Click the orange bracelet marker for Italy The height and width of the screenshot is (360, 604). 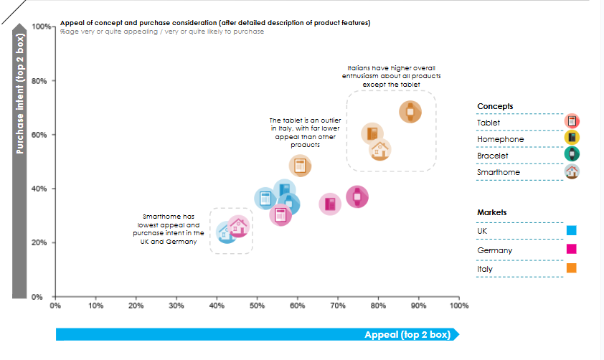[410, 111]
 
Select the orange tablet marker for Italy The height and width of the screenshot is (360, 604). [301, 166]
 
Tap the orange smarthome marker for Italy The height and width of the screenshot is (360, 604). [380, 150]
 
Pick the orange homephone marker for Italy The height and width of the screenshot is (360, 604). [372, 133]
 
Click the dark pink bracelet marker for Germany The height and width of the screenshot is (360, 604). [357, 196]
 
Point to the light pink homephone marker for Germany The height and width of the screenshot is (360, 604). [329, 204]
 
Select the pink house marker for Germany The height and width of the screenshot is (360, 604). [239, 227]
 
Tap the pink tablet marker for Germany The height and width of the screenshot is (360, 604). [280, 214]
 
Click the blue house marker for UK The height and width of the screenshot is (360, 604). [226, 232]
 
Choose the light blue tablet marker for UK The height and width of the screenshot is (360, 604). [265, 199]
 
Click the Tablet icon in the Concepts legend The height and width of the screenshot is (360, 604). [572, 122]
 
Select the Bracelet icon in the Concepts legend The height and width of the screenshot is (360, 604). [572, 155]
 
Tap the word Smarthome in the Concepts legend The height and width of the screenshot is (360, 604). [499, 172]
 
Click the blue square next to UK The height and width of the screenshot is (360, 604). [572, 231]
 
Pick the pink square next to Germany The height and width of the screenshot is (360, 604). [572, 250]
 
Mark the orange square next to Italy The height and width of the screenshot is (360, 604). [572, 268]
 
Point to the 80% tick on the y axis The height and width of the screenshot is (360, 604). [40, 80]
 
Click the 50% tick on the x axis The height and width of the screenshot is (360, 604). [257, 305]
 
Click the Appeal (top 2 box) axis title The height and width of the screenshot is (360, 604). [406, 335]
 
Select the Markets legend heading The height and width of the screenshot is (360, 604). [492, 213]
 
